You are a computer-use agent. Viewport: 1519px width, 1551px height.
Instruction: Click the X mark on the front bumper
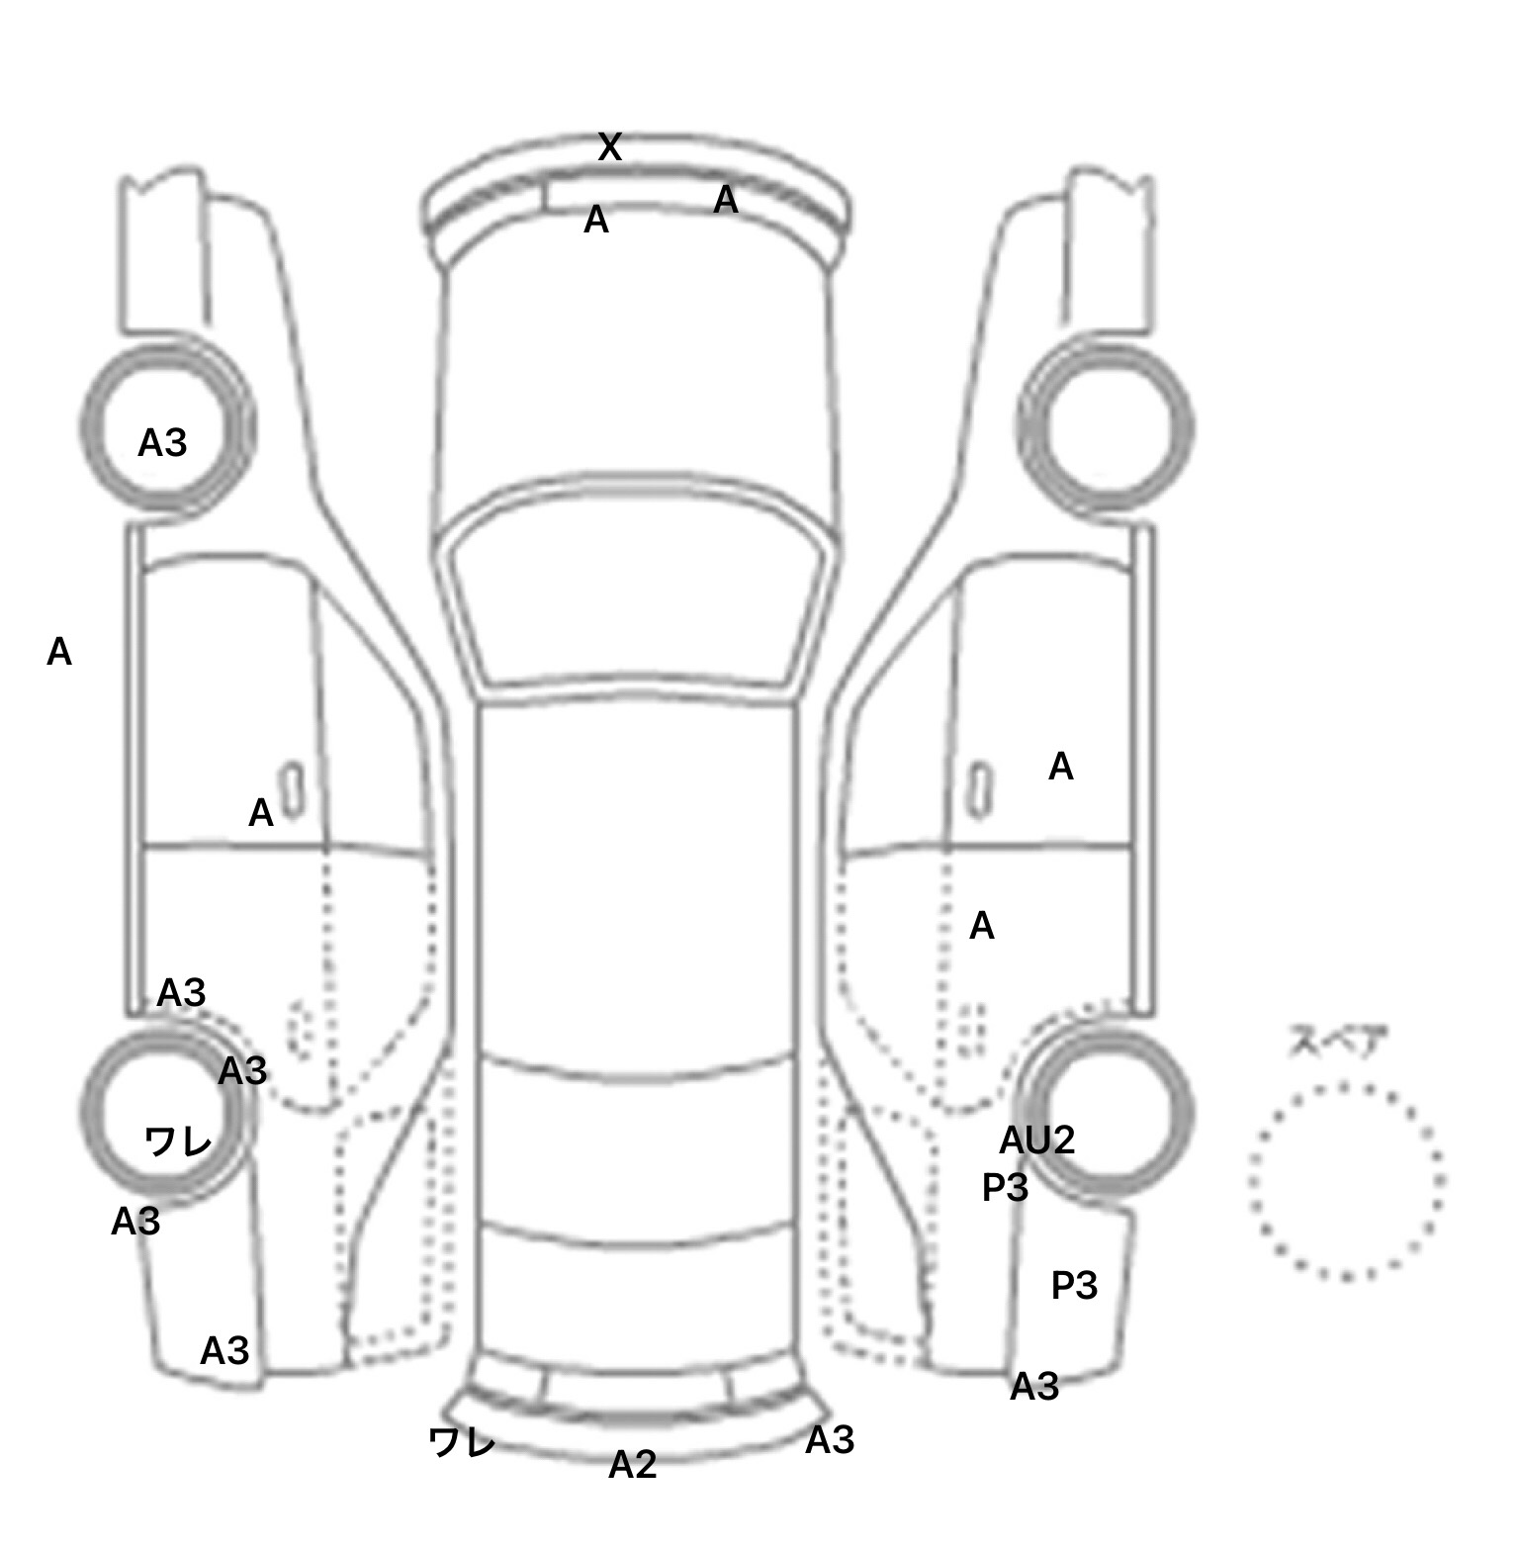pyautogui.click(x=610, y=147)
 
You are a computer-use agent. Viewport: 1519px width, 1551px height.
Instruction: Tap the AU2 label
pyautogui.click(x=1036, y=1140)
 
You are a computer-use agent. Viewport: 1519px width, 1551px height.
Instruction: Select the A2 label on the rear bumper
pyautogui.click(x=633, y=1465)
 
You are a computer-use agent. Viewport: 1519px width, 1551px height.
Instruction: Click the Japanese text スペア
pyautogui.click(x=1336, y=1043)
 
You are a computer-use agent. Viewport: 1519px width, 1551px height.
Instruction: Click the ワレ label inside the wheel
pyautogui.click(x=178, y=1142)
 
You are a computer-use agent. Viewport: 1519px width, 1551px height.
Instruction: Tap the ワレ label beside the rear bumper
pyautogui.click(x=462, y=1443)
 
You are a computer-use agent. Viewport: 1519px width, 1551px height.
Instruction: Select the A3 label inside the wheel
pyautogui.click(x=162, y=443)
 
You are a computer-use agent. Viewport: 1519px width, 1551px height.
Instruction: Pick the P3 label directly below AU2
pyautogui.click(x=1005, y=1187)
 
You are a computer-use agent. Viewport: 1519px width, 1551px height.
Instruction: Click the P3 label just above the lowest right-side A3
pyautogui.click(x=1074, y=1285)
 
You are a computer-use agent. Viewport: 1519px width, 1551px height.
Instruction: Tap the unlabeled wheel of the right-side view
pyautogui.click(x=1108, y=428)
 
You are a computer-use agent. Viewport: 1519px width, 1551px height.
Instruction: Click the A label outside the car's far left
pyautogui.click(x=59, y=652)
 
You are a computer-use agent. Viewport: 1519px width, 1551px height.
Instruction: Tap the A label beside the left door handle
pyautogui.click(x=260, y=813)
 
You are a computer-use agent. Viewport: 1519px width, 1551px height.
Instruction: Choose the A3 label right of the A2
pyautogui.click(x=830, y=1441)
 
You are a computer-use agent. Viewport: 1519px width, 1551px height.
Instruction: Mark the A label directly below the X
pyautogui.click(x=596, y=220)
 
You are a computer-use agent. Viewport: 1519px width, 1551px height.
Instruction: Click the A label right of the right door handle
pyautogui.click(x=1061, y=767)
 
